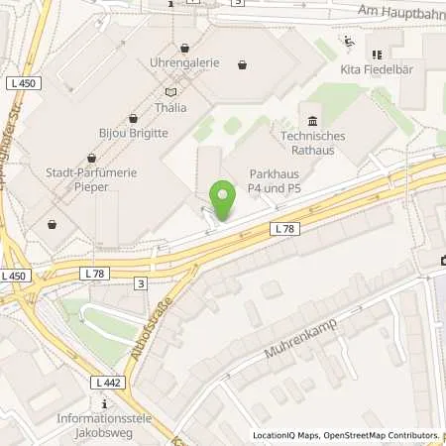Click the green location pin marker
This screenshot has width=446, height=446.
[x=222, y=200]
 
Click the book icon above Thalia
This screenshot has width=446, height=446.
[x=171, y=91]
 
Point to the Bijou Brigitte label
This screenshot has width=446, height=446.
[x=132, y=132]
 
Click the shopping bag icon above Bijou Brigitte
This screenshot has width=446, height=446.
[x=133, y=117]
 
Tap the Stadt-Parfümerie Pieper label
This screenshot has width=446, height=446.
[x=91, y=179]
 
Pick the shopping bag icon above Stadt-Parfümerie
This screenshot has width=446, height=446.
[x=91, y=157]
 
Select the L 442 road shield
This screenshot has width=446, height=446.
[x=108, y=383]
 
